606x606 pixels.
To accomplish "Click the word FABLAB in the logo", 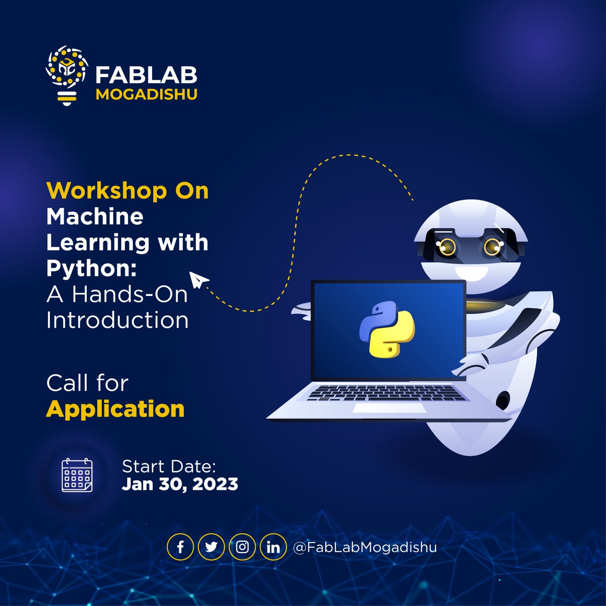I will point(146,76).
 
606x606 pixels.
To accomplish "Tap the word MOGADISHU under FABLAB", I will point(146,94).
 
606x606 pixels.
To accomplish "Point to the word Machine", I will point(95,217).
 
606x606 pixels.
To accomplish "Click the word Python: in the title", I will point(91,269).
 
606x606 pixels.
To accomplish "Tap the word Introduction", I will point(117,320).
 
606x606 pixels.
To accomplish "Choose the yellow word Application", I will point(115,409).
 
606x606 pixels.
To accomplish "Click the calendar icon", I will point(77,475).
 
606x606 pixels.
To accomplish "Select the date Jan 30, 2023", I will point(180,484).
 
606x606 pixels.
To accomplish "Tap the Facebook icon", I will point(180,547).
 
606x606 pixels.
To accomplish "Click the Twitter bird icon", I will point(211,547).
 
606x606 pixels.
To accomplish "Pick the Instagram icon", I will point(242,547).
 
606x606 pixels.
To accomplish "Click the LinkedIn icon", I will point(273,547).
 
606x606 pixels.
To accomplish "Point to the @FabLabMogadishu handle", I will point(365,547).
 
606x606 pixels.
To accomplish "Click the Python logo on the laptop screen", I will point(387,329).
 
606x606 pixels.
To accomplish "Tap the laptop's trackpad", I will point(374,408).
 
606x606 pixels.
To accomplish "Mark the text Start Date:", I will point(169,466).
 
